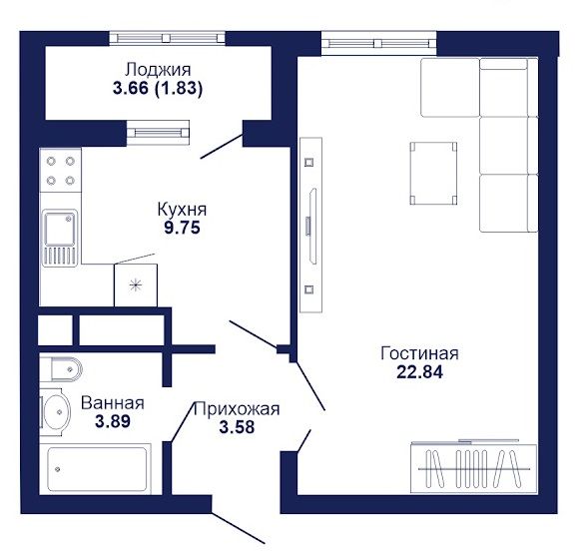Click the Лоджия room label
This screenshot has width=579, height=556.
pos(158,70)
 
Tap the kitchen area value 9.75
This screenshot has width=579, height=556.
pos(182,228)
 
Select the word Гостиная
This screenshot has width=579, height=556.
pos(420,353)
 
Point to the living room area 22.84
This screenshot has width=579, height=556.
pos(420,371)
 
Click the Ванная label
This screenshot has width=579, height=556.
pos(113,403)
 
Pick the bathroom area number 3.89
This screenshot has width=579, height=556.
pos(113,421)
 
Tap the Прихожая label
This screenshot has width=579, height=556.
pos(237,409)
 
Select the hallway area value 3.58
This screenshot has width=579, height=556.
pos(237,427)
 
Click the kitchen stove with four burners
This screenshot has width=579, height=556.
pos(60,171)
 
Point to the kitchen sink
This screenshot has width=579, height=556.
pos(60,238)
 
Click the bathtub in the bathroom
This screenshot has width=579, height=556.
pos(97,469)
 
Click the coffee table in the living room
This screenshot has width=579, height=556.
pos(433,173)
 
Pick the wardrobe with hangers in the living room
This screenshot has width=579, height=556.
pos(474,468)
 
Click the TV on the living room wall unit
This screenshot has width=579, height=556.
pos(312,226)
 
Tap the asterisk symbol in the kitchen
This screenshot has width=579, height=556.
pos(136,284)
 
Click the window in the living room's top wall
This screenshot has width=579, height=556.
pos(379,43)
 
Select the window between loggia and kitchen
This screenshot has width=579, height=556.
pos(158,132)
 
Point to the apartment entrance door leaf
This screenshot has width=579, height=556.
pos(239,528)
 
